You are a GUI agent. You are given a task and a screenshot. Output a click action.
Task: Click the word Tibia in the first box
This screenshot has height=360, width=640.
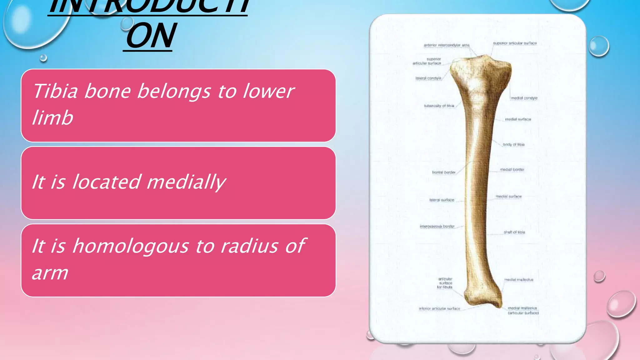[x=55, y=91]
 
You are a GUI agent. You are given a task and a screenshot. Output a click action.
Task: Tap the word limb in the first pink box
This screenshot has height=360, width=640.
[x=52, y=118]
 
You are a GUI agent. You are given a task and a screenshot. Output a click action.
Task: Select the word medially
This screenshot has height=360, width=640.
[x=186, y=182]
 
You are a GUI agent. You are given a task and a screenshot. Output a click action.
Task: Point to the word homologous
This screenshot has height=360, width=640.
[x=131, y=246]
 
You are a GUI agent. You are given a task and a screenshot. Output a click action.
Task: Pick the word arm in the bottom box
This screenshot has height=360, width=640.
[x=50, y=273]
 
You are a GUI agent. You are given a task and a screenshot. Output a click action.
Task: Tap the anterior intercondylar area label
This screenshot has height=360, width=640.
[x=446, y=45]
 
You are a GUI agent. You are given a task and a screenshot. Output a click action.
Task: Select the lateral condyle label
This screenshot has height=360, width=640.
[x=428, y=78]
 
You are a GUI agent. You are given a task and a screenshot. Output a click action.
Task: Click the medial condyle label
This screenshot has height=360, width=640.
[x=524, y=98]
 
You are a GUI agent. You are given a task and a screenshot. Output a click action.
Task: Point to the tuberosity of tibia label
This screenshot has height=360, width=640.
[x=439, y=106]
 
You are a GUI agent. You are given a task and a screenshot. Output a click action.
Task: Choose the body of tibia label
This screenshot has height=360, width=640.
[x=513, y=145]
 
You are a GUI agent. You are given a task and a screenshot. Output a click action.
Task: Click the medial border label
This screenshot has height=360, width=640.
[x=512, y=170]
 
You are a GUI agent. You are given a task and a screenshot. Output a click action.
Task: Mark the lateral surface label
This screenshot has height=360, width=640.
[x=442, y=200]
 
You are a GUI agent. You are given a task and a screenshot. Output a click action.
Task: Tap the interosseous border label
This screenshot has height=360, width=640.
[x=437, y=226]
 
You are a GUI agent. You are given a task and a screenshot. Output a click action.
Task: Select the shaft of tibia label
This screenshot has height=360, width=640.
[x=514, y=232]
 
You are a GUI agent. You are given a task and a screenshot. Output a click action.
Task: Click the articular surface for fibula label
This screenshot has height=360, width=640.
[x=445, y=283]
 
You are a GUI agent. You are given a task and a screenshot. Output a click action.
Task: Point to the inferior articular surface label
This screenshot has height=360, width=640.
[x=439, y=309]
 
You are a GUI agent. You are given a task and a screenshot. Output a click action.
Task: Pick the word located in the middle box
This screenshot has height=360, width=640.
[x=106, y=182]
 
